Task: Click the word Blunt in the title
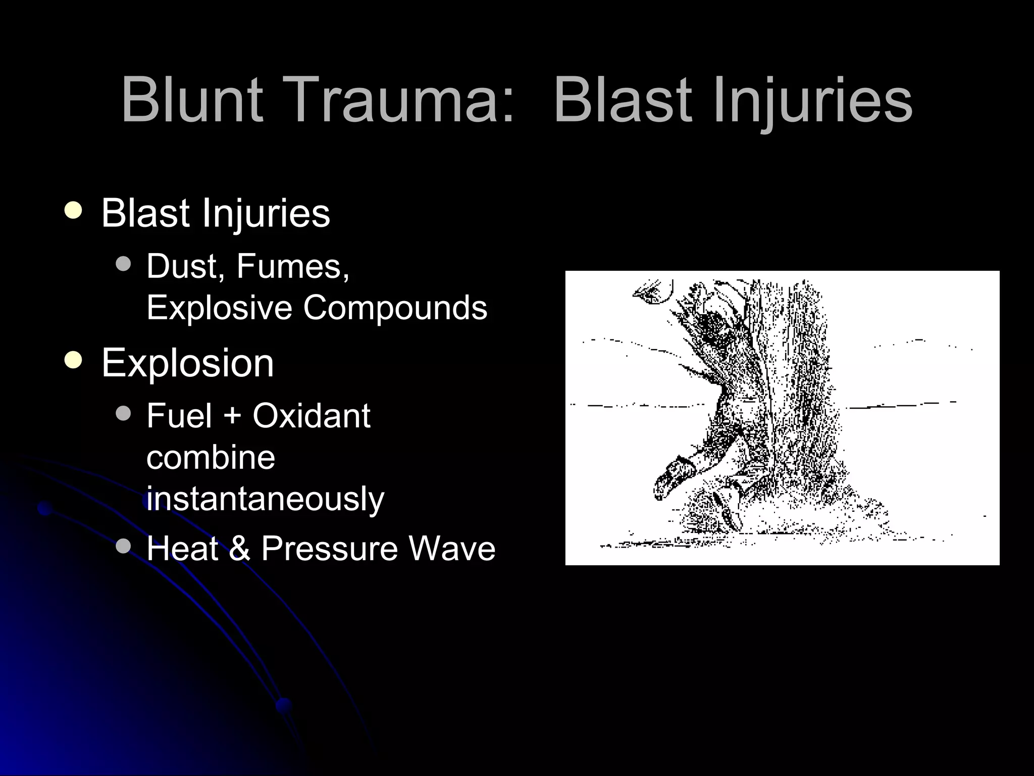tap(192, 100)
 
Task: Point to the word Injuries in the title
tap(813, 100)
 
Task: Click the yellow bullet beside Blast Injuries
tap(74, 211)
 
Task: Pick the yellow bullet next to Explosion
tap(74, 360)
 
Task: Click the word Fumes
tap(292, 266)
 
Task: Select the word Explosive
tap(219, 307)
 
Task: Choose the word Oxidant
tap(312, 416)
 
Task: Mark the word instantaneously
tap(265, 499)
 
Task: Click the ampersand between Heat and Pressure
tap(240, 548)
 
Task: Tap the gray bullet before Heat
tap(123, 546)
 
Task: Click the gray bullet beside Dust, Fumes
tap(123, 264)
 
